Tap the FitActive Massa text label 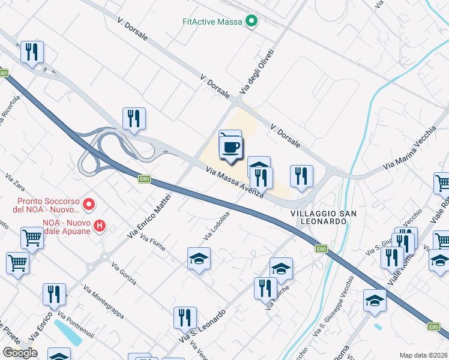[212, 22]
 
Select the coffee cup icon [231, 146]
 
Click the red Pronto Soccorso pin [89, 205]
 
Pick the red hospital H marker [100, 226]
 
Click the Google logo [20, 353]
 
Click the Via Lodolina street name [217, 226]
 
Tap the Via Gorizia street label [123, 273]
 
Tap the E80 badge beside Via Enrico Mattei [143, 179]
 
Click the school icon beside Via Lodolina [199, 259]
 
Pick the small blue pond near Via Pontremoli [67, 331]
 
